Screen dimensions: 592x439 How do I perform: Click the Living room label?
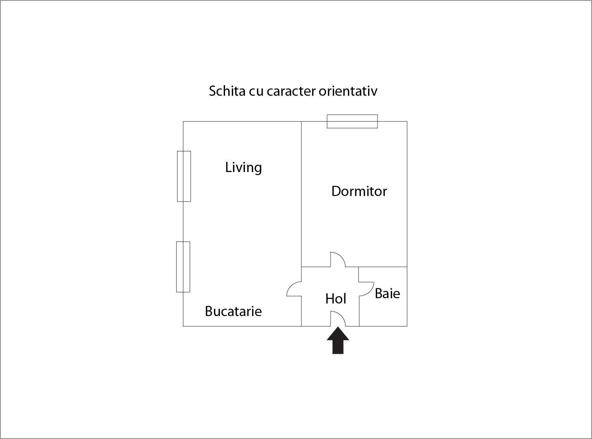tap(243, 168)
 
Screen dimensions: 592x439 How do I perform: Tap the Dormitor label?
tap(359, 192)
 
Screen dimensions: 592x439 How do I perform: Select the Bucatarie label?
tap(233, 311)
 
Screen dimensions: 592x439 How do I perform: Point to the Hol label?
tap(336, 299)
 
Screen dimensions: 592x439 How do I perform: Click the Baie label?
tap(387, 294)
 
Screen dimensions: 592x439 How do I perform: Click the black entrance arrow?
tap(338, 340)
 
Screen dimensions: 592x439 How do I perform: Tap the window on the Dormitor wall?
tap(352, 121)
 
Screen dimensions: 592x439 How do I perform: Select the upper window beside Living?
tap(184, 176)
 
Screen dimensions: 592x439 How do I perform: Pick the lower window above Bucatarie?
tap(183, 267)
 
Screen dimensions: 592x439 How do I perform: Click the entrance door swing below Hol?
tap(338, 319)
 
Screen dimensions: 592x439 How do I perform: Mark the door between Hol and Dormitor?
tap(338, 259)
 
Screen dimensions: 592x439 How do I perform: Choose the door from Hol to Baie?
tap(367, 289)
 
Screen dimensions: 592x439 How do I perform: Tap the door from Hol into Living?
tap(294, 289)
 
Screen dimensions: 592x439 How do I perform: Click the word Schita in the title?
tap(227, 91)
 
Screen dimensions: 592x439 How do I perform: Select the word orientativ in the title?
tap(348, 91)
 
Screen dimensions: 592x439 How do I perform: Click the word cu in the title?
tap(256, 92)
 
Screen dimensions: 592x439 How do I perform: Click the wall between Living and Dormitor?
tap(302, 194)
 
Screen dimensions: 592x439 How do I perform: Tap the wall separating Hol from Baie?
tap(359, 297)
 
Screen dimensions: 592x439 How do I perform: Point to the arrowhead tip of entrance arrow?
tap(338, 327)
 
